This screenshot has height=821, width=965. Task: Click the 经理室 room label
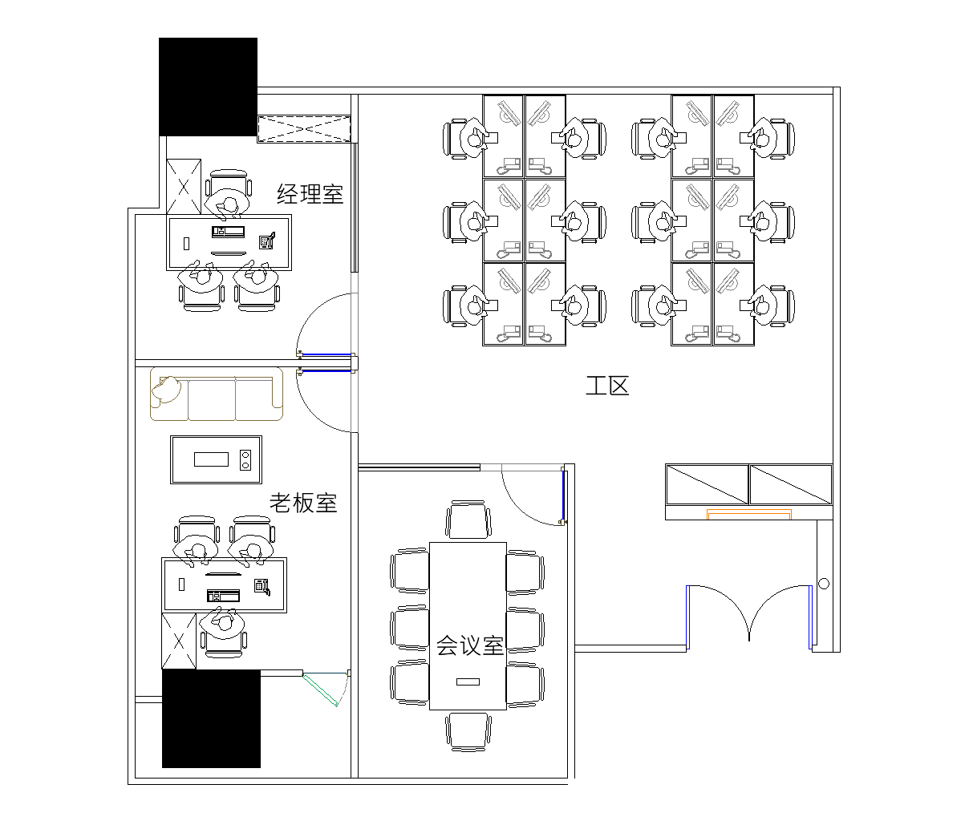coord(310,194)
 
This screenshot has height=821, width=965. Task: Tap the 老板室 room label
coord(303,503)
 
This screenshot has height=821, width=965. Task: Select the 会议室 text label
coord(470,645)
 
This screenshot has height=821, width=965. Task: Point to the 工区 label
coord(607,386)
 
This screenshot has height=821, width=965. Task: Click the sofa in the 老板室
coord(217,394)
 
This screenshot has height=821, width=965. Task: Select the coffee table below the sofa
coord(216,459)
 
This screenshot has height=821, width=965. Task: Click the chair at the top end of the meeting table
coord(468,520)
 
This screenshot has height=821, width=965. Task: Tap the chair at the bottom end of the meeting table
coord(468,732)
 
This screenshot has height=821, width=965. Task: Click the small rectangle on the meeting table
coord(468,682)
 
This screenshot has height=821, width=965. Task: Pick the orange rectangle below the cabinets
coord(749,514)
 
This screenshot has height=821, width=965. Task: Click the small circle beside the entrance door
coord(824,584)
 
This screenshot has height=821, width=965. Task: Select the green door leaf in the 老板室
coord(320,690)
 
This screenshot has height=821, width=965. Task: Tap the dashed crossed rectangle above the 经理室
coord(304,128)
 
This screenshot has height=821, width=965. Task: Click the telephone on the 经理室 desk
coord(266,241)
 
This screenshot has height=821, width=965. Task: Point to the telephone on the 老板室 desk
coord(262,587)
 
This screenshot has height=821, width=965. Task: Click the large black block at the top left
coord(209,87)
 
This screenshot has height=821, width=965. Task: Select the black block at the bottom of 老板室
coord(211,719)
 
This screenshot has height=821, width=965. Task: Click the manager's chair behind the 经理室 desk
coord(228,194)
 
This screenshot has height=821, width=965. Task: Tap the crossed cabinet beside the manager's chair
coord(184,187)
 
